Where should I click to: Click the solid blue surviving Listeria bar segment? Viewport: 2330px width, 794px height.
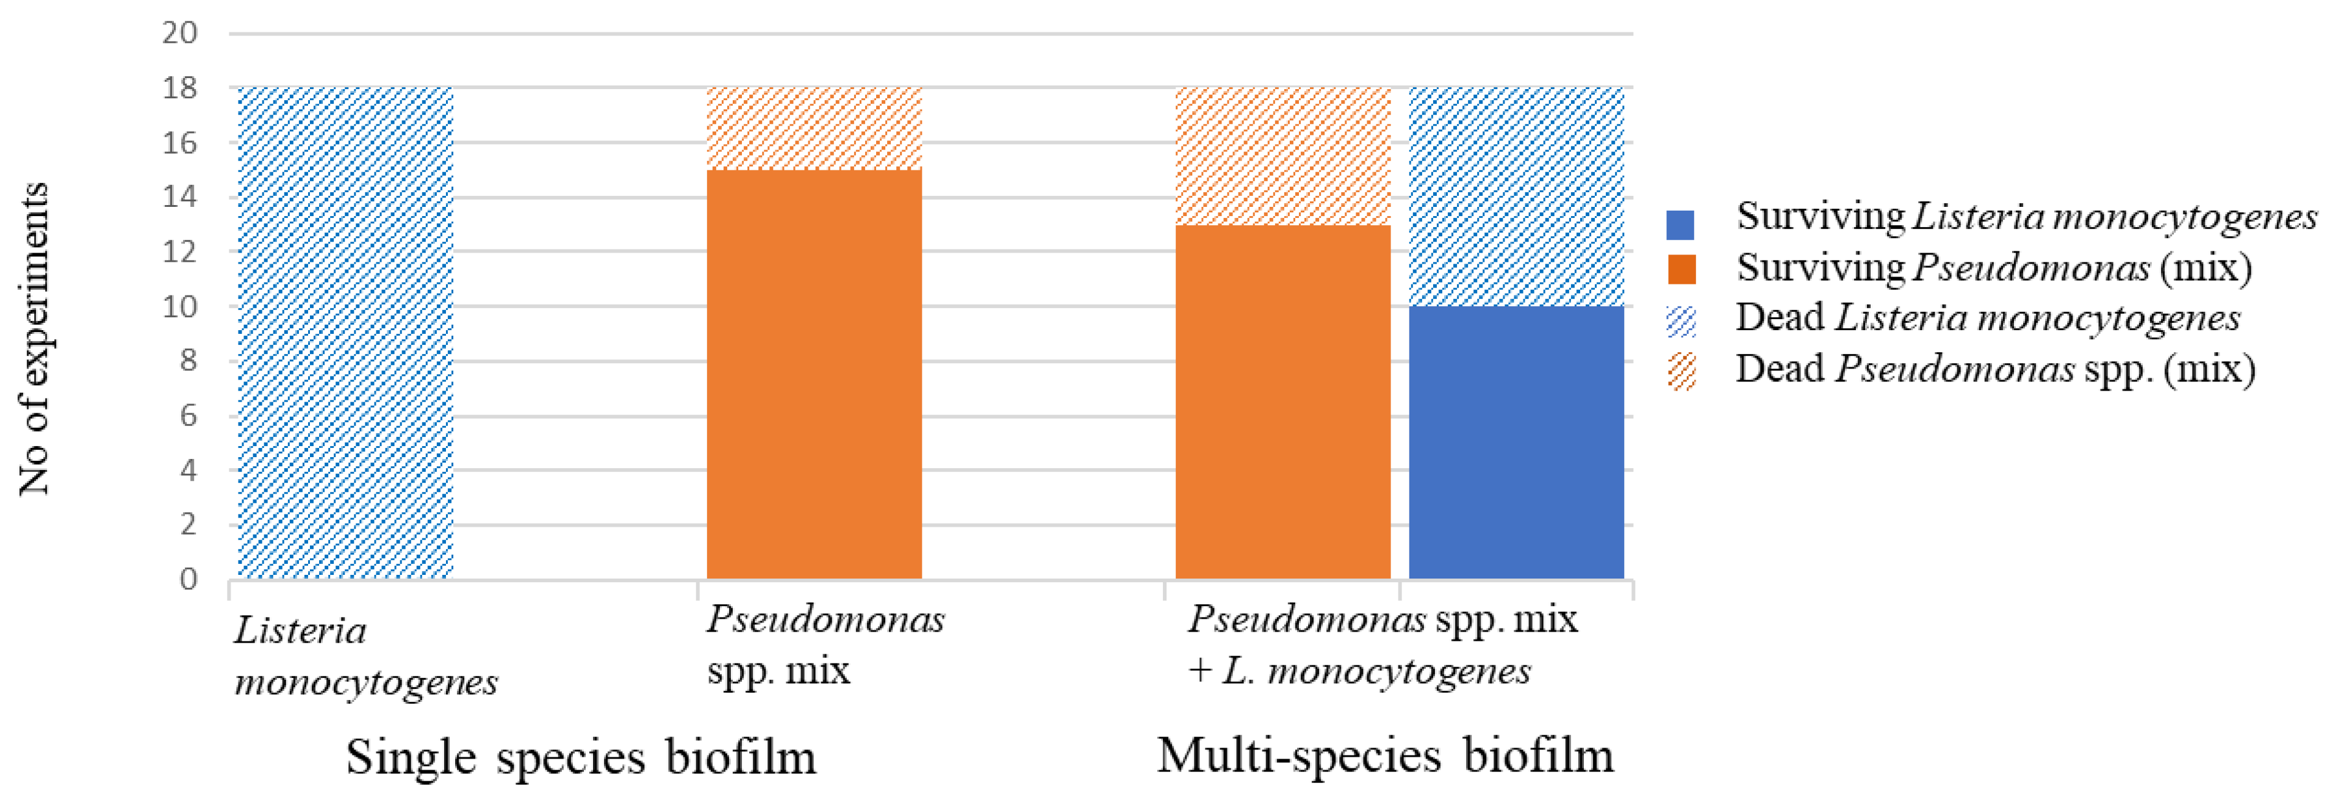coord(1516,442)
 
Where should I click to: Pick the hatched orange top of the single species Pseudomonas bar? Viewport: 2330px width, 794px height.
coord(813,128)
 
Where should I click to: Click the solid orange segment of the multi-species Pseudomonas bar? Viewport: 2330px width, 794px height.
coord(1282,402)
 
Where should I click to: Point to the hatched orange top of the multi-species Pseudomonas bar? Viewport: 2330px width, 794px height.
coord(1282,156)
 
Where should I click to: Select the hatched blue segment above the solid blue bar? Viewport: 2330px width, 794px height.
coord(1516,197)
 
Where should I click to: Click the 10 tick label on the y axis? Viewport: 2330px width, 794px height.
coord(179,306)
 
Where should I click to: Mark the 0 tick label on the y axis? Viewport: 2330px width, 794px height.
coord(187,579)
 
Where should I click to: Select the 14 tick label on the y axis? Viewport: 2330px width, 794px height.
coord(179,197)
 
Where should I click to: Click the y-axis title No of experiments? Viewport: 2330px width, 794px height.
coord(34,339)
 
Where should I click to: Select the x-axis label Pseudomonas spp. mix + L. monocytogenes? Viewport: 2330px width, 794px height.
coord(1381,645)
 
